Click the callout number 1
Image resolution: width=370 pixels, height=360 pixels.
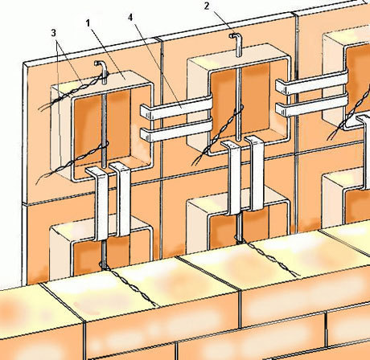(88, 23)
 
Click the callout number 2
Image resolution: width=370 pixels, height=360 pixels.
(207, 6)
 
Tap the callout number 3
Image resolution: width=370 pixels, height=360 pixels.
(54, 33)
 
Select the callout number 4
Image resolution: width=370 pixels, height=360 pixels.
(130, 18)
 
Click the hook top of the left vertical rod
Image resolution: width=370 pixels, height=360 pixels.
(100, 63)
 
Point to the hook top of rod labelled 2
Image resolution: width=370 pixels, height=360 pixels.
(235, 36)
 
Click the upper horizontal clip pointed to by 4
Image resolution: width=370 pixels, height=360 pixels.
(176, 108)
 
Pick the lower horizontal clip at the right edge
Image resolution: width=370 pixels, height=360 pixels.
(312, 105)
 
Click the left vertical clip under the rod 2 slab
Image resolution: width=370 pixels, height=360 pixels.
(232, 178)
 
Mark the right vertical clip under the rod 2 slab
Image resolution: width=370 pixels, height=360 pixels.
(256, 173)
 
